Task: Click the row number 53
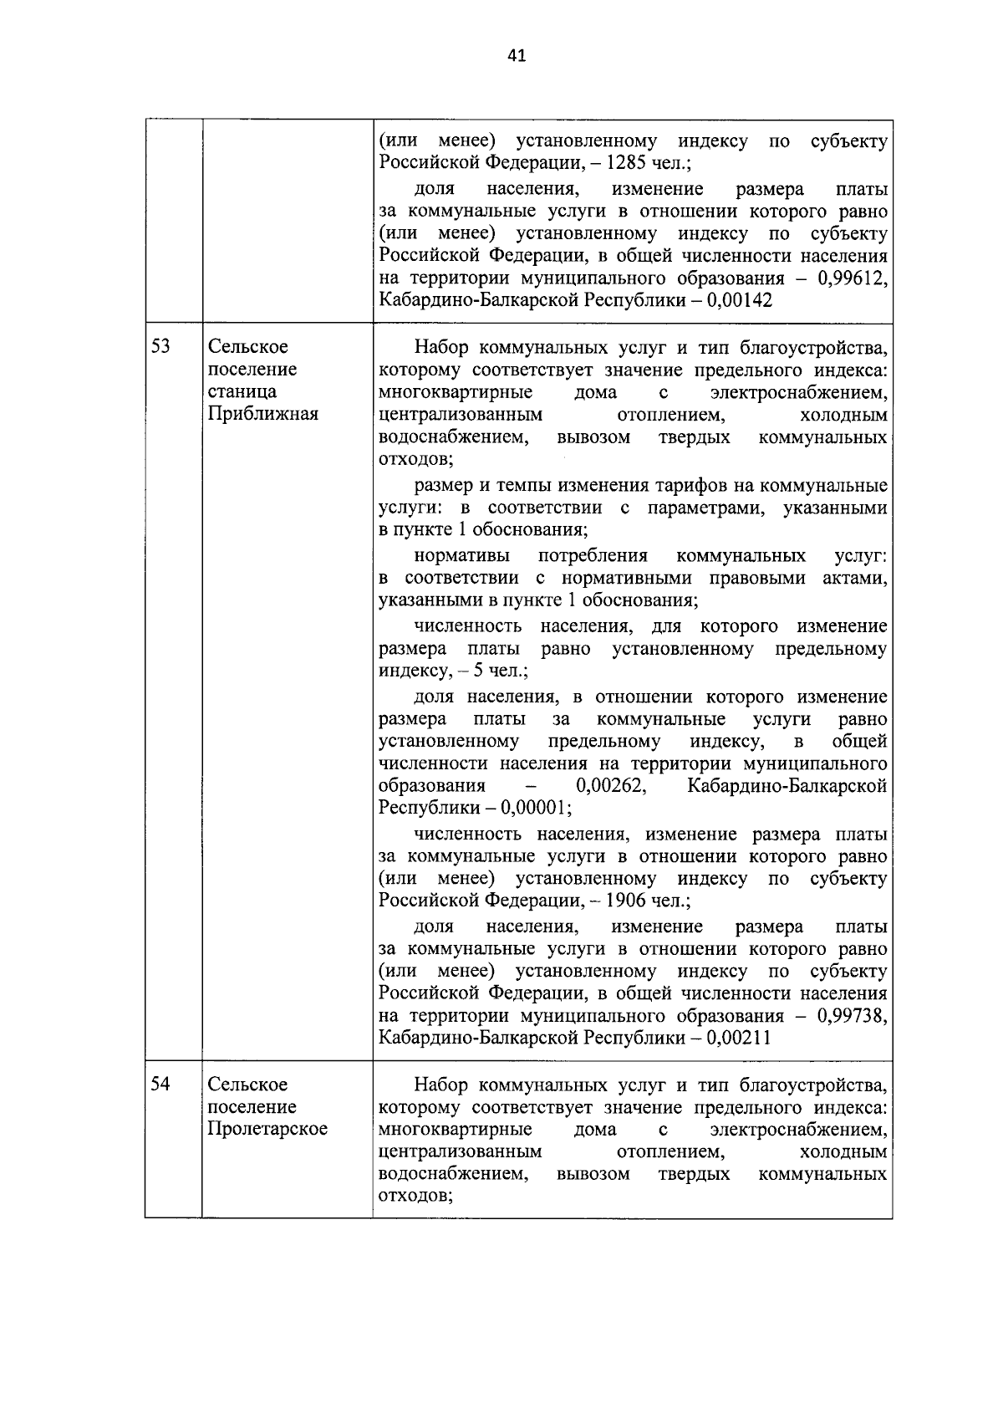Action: pos(160,346)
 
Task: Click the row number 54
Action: pos(160,1084)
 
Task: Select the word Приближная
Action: pos(262,413)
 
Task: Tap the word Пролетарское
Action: pos(267,1129)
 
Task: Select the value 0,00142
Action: pos(739,300)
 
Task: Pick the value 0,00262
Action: pos(610,786)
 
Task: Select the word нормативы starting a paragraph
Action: pos(456,556)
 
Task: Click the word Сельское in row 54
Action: pos(247,1084)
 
